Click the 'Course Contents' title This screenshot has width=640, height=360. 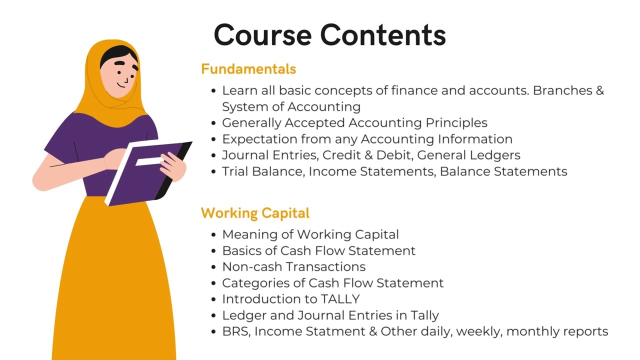click(329, 35)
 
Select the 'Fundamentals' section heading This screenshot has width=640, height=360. click(248, 69)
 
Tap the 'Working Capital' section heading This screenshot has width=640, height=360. click(255, 213)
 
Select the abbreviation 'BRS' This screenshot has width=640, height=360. click(235, 331)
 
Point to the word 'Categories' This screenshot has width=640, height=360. click(255, 283)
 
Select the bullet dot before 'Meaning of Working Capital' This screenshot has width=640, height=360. click(214, 235)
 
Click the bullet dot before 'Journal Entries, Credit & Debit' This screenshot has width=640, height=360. click(214, 155)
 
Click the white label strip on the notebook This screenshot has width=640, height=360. click(148, 161)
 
